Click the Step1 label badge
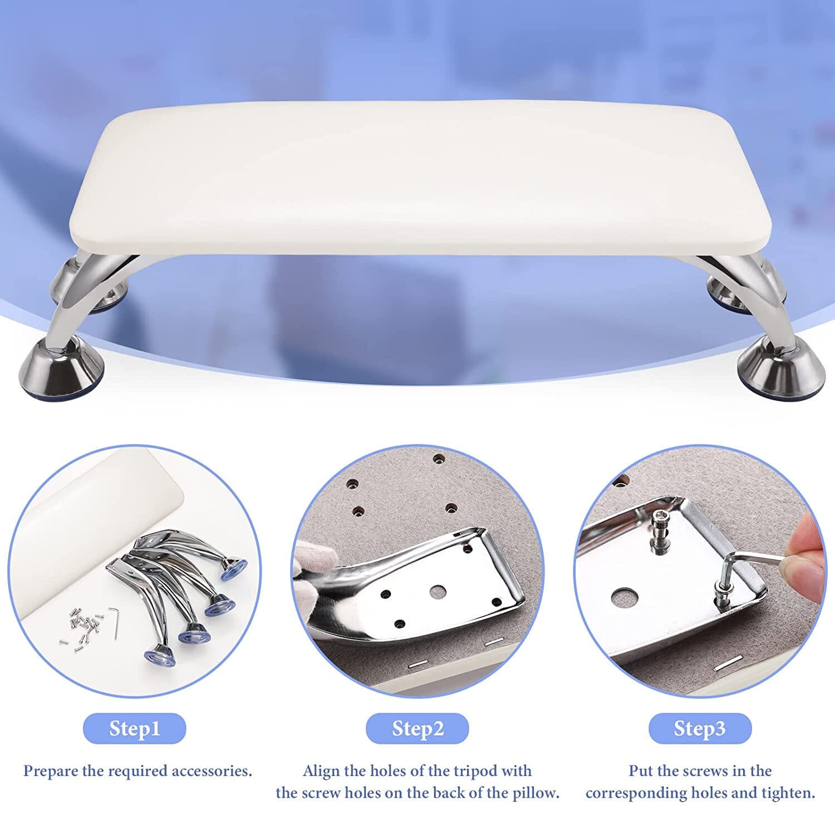[134, 728]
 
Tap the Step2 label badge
[417, 728]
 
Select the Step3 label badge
[700, 728]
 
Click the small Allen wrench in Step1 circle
[115, 622]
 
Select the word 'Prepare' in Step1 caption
[51, 772]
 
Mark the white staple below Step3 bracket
[728, 662]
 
